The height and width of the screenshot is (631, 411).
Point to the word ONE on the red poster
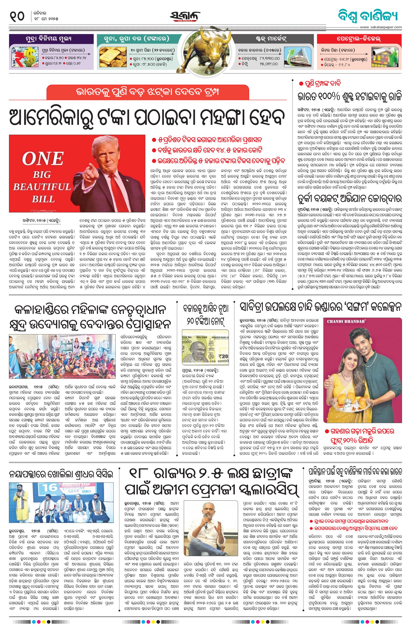click(42, 159)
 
